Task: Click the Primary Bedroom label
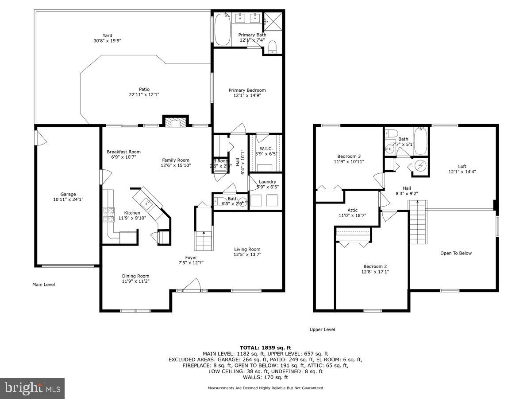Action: pyautogui.click(x=247, y=90)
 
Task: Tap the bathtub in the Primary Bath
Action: pyautogui.click(x=222, y=29)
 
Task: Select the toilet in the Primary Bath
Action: pyautogui.click(x=273, y=47)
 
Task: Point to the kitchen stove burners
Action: pyautogui.click(x=108, y=215)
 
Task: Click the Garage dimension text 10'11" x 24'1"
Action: pyautogui.click(x=68, y=199)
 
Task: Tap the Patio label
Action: pyautogui.click(x=144, y=89)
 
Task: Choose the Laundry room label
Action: pyautogui.click(x=267, y=182)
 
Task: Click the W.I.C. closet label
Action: pyautogui.click(x=266, y=149)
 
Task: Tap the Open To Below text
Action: pyautogui.click(x=456, y=253)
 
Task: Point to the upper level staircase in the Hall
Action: pyautogui.click(x=417, y=223)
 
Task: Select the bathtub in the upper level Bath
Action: pyautogui.click(x=420, y=141)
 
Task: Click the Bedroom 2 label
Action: pyautogui.click(x=372, y=266)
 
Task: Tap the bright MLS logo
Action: pyautogui.click(x=32, y=388)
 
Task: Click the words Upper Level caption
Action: pyautogui.click(x=322, y=329)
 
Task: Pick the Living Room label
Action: pyautogui.click(x=247, y=249)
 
